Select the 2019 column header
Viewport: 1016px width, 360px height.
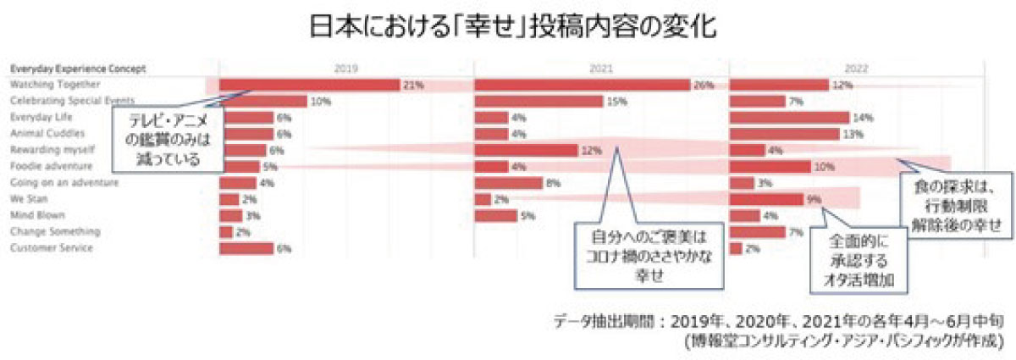click(346, 67)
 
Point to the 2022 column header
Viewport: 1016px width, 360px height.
click(856, 67)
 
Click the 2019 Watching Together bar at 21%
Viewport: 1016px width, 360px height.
click(309, 85)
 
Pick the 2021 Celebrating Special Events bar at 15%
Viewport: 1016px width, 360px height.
click(538, 101)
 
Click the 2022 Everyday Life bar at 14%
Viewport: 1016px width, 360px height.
click(789, 117)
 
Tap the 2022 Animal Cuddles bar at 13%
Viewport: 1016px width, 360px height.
click(785, 134)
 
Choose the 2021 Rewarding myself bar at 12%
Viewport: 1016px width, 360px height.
click(526, 150)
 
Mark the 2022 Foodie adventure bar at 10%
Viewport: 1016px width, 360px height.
click(770, 167)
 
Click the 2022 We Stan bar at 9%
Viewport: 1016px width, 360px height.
click(765, 200)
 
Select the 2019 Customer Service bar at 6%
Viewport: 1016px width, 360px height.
click(246, 249)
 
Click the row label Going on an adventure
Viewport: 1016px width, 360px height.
click(64, 183)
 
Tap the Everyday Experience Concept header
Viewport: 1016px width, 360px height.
click(78, 68)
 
